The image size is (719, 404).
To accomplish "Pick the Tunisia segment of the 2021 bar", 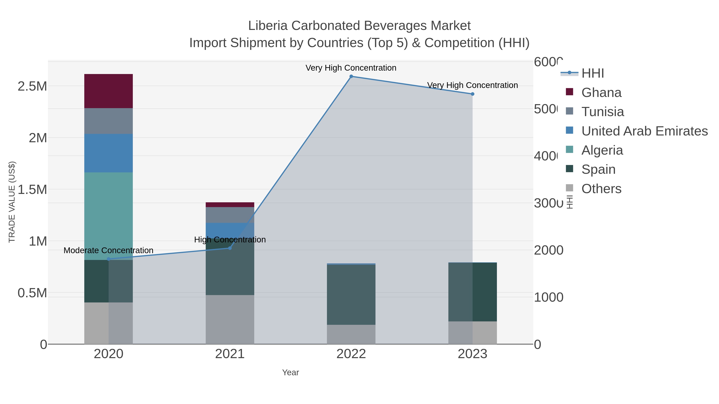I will coord(230,215).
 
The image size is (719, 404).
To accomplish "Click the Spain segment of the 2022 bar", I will coord(351,294).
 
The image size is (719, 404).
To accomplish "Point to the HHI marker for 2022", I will coord(351,76).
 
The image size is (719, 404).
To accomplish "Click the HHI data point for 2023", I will coord(472,94).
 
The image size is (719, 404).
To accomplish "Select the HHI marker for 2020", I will coord(109,259).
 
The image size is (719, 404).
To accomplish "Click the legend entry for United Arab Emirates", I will coord(644,131).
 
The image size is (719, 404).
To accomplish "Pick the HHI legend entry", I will coord(592,73).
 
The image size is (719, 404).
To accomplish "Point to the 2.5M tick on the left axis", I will coord(32,86).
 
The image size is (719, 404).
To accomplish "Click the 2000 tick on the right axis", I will coord(548,250).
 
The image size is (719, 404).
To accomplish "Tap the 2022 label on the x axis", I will coord(351,354).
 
